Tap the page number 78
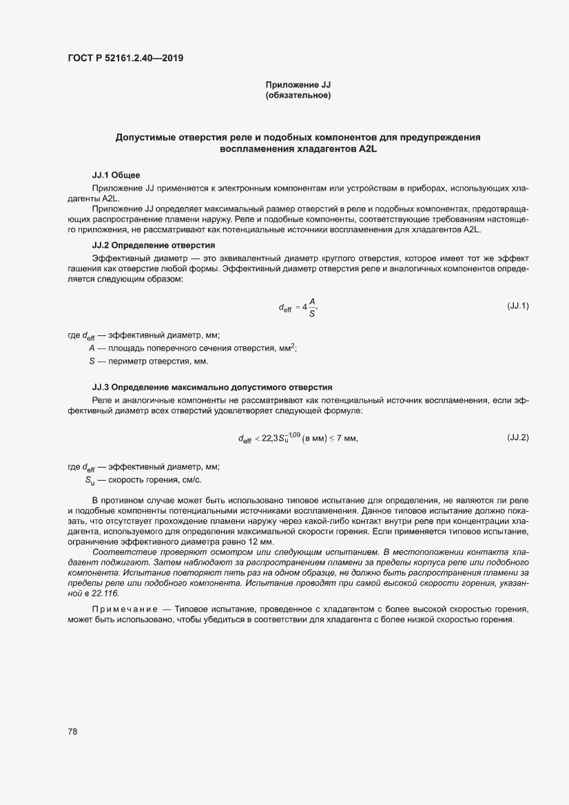click(72, 731)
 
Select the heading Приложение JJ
click(298, 85)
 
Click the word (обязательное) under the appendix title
click(298, 96)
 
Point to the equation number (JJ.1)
click(517, 305)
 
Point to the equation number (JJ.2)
click(517, 437)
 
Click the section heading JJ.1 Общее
click(116, 175)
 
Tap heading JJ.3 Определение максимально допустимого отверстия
click(212, 387)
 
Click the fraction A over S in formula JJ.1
click(312, 308)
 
